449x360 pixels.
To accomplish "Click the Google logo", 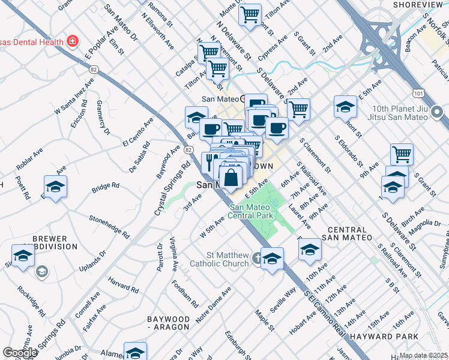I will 20,353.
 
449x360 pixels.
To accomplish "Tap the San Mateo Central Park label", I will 251,211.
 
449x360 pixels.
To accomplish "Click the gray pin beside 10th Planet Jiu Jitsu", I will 438,112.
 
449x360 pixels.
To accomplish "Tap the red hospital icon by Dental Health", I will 73,41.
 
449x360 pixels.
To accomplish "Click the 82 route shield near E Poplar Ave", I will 93,70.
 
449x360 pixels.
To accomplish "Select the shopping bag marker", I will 231,178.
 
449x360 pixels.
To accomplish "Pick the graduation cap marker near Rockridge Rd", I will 23,255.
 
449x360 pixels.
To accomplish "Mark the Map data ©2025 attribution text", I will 423,355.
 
